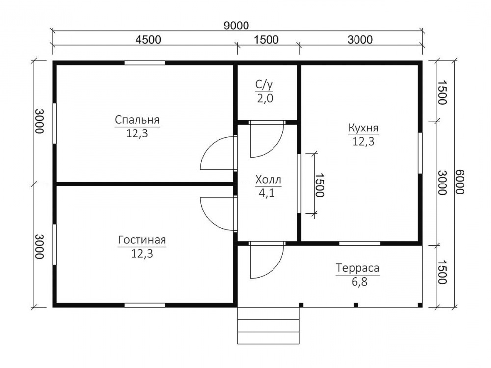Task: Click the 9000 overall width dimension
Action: [x=237, y=25]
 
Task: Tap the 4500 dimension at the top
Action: [x=148, y=40]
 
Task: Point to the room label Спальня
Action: [x=137, y=120]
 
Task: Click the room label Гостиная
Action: [x=142, y=240]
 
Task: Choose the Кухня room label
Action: [x=363, y=128]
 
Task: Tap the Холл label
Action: [x=268, y=180]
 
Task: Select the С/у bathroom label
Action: [x=265, y=85]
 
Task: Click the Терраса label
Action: [x=357, y=268]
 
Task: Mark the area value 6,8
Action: [x=359, y=282]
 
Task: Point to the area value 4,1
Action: [x=267, y=193]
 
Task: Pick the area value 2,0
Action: [x=265, y=98]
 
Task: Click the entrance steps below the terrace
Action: [x=268, y=325]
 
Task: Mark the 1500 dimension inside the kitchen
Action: [x=319, y=185]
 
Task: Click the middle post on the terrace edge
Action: [x=355, y=305]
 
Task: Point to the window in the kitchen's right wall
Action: [x=420, y=153]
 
